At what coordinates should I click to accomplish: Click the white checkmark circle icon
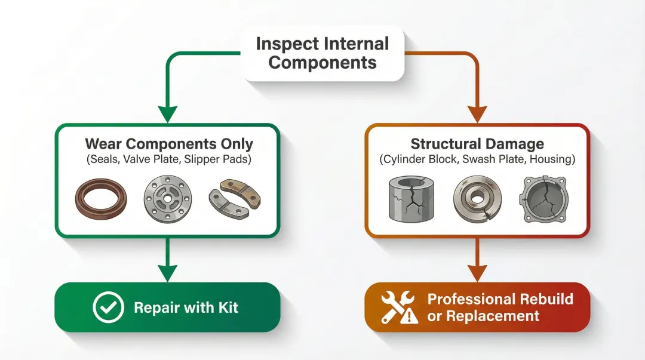[x=109, y=308]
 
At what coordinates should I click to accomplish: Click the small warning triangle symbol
[x=409, y=316]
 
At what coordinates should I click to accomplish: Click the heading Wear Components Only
[x=169, y=144]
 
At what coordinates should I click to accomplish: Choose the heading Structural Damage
[x=477, y=144]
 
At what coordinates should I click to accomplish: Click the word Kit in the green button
[x=226, y=308]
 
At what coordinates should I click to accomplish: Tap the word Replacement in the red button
[x=483, y=316]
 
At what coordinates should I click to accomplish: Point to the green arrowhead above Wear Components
[x=168, y=113]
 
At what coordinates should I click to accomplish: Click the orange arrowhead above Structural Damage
[x=477, y=113]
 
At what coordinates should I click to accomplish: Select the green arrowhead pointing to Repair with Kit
[x=168, y=272]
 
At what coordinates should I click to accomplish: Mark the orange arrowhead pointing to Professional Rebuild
[x=477, y=272]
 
